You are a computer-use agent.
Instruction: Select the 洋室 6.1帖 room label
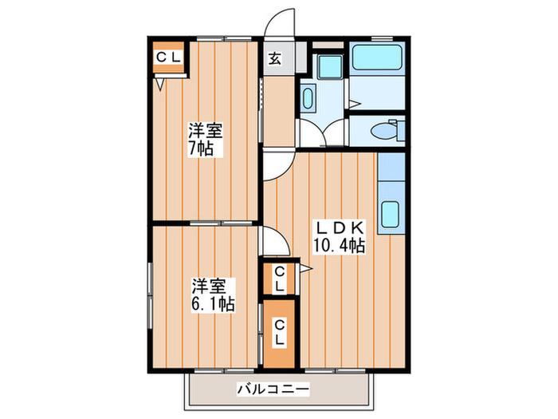click(x=211, y=294)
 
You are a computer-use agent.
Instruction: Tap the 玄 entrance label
click(x=275, y=57)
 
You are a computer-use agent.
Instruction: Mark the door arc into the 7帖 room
click(x=277, y=167)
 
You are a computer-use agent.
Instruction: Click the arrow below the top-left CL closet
click(x=159, y=81)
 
